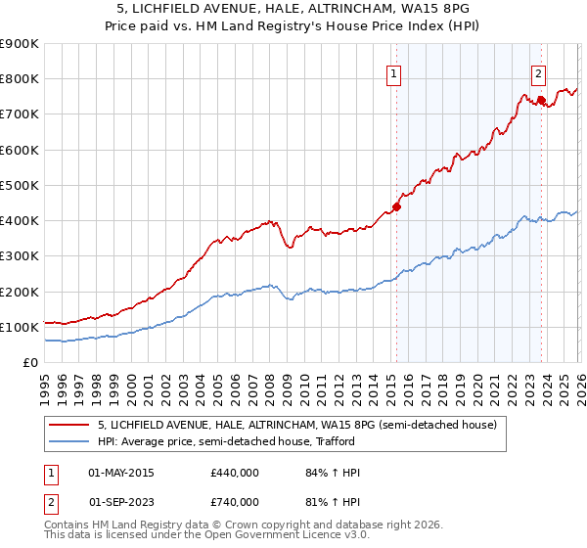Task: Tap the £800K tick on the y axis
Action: pyautogui.click(x=20, y=79)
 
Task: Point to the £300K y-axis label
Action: pyautogui.click(x=20, y=256)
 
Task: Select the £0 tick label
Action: pyautogui.click(x=29, y=363)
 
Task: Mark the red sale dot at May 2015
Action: pyautogui.click(x=396, y=206)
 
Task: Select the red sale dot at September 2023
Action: pyautogui.click(x=541, y=100)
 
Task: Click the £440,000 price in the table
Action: pyautogui.click(x=234, y=474)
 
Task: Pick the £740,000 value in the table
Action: pyautogui.click(x=234, y=502)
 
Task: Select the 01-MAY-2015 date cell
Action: pyautogui.click(x=121, y=474)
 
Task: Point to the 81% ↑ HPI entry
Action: pyautogui.click(x=333, y=502)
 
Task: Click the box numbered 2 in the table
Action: pyautogui.click(x=49, y=502)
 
